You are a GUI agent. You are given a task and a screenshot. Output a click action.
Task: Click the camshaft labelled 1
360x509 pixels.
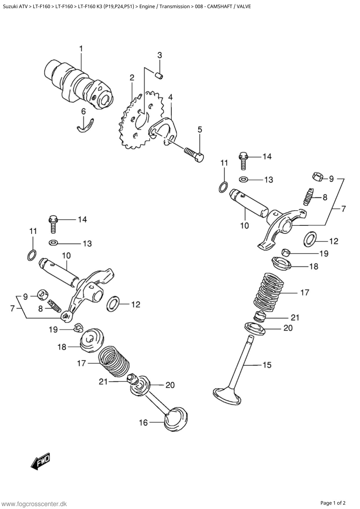tap(78, 84)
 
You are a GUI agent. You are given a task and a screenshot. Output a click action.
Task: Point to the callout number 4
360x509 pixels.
tap(170, 97)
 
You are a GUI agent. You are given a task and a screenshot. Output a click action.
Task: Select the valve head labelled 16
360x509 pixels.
tap(176, 420)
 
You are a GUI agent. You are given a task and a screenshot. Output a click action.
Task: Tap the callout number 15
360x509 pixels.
tap(267, 364)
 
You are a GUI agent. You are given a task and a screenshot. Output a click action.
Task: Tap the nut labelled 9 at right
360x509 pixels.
tap(318, 176)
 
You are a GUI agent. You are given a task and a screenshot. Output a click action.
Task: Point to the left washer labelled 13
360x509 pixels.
tap(53, 242)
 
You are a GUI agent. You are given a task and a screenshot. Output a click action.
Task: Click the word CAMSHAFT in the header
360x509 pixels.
tap(219, 6)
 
